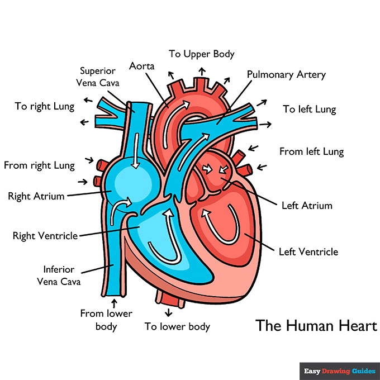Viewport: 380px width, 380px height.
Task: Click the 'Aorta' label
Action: (141, 66)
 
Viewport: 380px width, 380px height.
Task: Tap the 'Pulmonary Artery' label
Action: (286, 74)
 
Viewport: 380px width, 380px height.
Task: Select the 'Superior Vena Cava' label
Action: (98, 77)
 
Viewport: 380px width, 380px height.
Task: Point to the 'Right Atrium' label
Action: (36, 196)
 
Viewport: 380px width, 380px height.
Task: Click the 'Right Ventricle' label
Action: (45, 236)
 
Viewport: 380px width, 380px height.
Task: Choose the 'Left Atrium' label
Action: (307, 205)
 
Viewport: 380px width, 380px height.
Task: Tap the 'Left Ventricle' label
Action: (308, 251)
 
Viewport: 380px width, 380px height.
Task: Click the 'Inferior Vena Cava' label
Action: (59, 275)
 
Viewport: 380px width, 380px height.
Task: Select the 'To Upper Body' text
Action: (202, 54)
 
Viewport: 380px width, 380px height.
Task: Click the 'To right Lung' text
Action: (45, 106)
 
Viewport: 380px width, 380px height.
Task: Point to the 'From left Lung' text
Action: (311, 151)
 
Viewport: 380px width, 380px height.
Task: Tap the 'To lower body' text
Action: (177, 326)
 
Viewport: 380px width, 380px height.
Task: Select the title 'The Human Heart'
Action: (316, 325)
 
